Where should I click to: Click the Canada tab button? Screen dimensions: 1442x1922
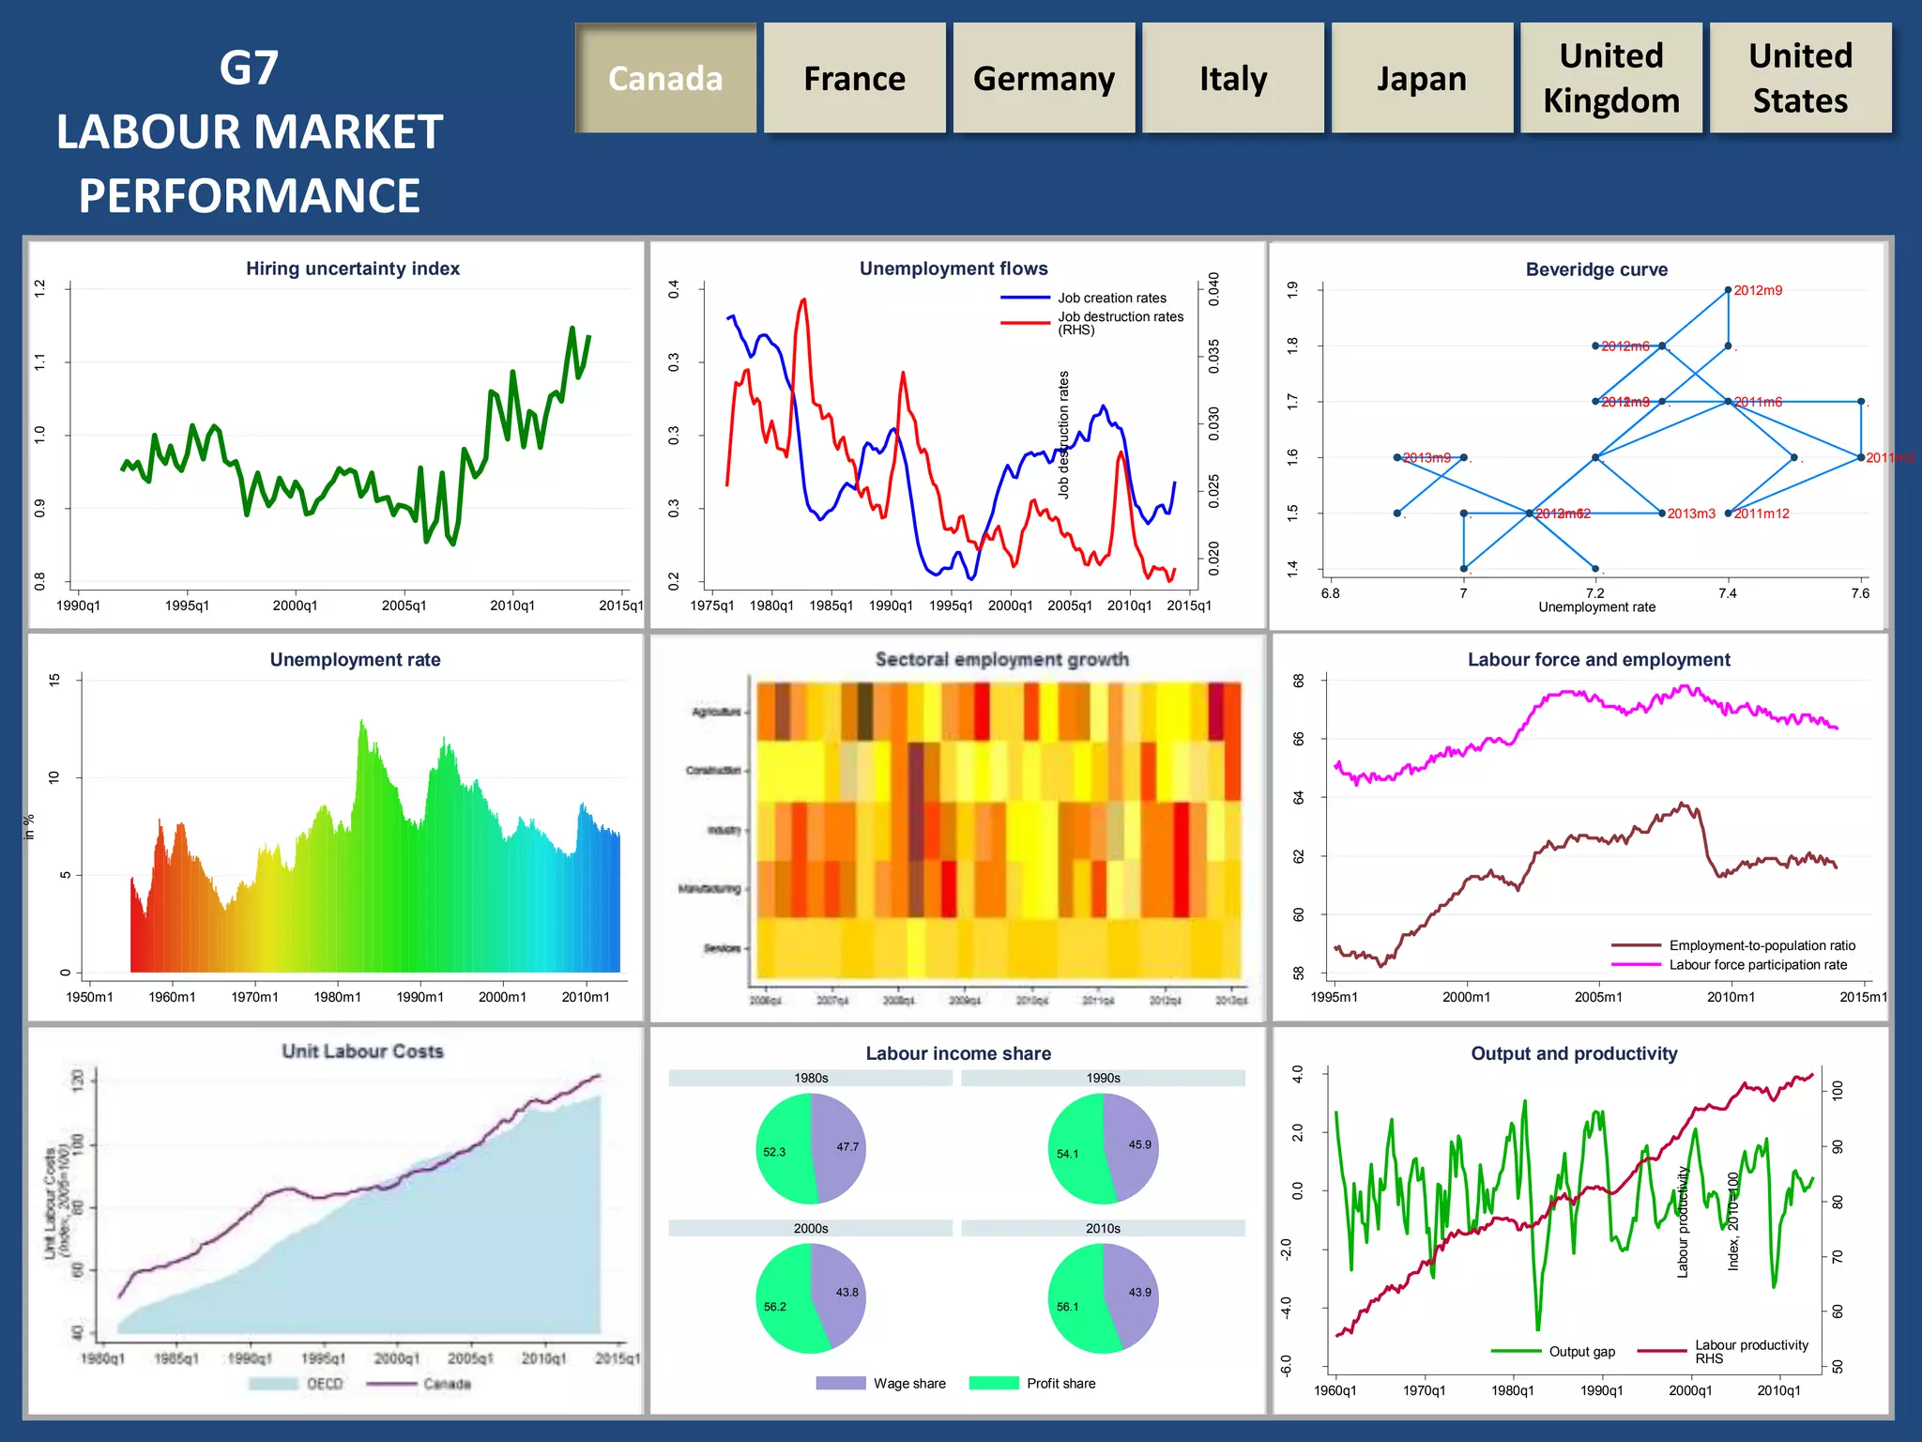(665, 79)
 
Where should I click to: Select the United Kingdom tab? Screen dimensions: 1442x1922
(1610, 79)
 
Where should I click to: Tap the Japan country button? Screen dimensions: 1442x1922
(1421, 79)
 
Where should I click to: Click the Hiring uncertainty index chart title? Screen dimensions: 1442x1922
(353, 268)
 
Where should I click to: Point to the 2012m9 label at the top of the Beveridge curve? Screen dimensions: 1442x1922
(1757, 290)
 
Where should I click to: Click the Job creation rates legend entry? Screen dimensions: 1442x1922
(1111, 298)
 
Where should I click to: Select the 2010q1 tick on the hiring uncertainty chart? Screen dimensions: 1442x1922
(512, 606)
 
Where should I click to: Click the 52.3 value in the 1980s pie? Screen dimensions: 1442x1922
(774, 1152)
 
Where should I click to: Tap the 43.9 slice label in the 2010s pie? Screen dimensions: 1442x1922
(1139, 1293)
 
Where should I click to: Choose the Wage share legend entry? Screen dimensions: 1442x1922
(908, 1383)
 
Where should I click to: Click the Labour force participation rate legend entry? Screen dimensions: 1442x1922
(1757, 965)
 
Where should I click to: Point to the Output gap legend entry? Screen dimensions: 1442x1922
(1581, 1352)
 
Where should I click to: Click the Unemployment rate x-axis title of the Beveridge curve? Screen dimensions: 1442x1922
(1596, 607)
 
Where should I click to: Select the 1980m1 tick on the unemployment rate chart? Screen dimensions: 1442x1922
(337, 997)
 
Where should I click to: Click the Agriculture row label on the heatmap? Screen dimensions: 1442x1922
(716, 712)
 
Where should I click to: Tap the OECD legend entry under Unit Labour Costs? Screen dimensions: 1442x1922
(324, 1384)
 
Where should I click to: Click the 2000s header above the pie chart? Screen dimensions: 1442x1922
(811, 1228)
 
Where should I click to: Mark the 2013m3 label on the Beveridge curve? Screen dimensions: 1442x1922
(1690, 514)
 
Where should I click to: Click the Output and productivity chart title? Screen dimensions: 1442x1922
(1574, 1053)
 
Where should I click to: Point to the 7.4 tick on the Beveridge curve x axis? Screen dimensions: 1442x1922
(1727, 593)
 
